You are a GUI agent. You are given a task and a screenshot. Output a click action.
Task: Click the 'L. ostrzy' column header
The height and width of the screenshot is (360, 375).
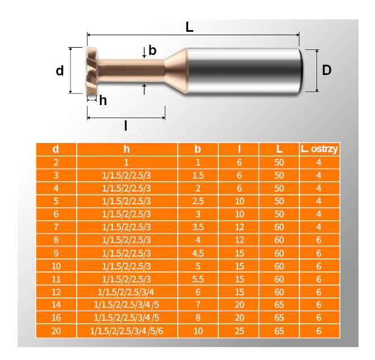(x=319, y=149)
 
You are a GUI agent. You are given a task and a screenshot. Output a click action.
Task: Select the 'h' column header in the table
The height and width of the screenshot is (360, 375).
(x=127, y=149)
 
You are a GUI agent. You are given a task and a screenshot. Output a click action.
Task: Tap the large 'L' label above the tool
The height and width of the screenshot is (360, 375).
(x=189, y=27)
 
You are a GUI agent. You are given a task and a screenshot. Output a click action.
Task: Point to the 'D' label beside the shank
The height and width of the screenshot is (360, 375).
(x=326, y=70)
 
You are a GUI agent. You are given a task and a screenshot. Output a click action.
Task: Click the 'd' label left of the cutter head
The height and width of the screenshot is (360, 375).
(x=60, y=71)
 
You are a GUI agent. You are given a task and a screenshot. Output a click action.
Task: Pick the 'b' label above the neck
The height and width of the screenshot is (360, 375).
(x=152, y=51)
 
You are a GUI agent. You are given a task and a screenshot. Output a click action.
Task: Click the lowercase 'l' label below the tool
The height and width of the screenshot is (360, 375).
(x=126, y=125)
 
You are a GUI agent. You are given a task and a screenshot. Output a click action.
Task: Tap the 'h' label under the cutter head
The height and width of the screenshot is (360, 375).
(x=103, y=101)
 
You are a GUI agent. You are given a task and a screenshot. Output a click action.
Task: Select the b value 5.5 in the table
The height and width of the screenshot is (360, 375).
(x=198, y=279)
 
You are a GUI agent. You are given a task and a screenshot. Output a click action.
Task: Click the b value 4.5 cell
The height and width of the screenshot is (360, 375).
(x=198, y=253)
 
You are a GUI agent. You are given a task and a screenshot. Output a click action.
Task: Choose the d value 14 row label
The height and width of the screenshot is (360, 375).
(x=56, y=305)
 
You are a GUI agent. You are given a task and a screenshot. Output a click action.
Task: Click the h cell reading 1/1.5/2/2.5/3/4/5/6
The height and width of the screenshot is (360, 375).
(x=127, y=331)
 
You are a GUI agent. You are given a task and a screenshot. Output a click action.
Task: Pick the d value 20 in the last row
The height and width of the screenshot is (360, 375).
(x=56, y=331)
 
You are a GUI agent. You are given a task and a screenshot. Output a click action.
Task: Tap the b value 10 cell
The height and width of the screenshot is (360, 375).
(x=198, y=331)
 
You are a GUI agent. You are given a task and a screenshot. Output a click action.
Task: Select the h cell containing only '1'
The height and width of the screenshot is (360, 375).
(x=127, y=162)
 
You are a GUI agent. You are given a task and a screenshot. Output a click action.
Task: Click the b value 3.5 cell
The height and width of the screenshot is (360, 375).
(x=198, y=227)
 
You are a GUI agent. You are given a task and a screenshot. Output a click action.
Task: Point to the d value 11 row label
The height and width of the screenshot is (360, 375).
(x=56, y=279)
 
